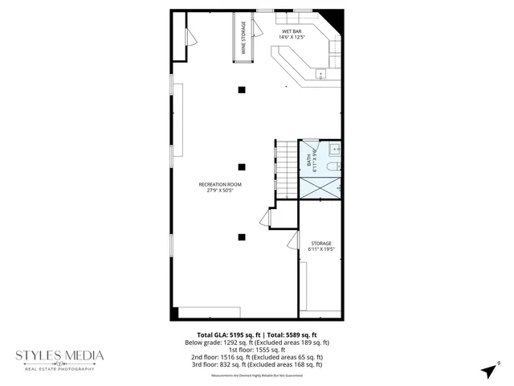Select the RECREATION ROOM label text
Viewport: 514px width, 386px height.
[x=220, y=187]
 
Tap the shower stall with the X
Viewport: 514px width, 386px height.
[x=320, y=187]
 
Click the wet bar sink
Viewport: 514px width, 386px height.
[x=321, y=74]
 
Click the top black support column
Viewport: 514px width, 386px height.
[x=241, y=89]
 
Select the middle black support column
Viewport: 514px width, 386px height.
[x=241, y=166]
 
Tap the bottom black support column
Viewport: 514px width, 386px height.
[x=241, y=236]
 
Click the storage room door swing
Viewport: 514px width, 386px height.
[x=293, y=240]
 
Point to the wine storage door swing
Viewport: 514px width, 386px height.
[x=257, y=29]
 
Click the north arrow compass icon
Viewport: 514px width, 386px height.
[x=487, y=370]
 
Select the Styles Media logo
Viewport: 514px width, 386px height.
[x=60, y=358]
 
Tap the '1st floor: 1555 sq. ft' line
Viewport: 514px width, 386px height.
[x=257, y=350]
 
